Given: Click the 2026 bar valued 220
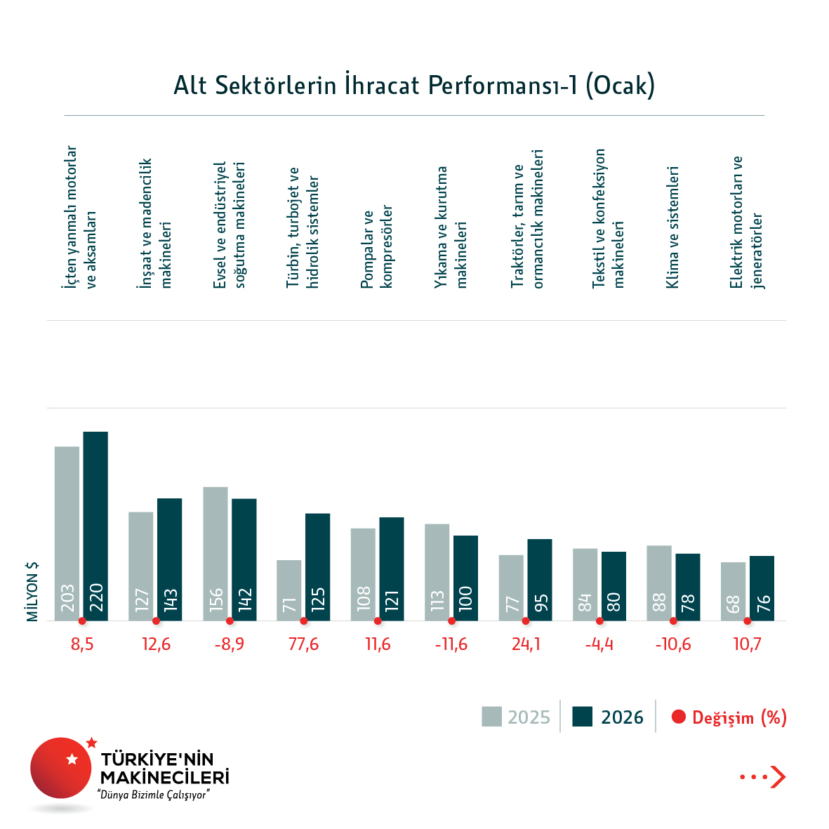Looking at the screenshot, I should coord(95,526).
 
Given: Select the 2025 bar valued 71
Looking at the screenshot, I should coord(289,590).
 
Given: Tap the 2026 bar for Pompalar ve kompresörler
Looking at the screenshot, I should coord(392,569).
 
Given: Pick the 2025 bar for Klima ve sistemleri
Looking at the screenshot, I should coord(659,583).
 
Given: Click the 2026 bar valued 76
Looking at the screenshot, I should coord(762,588).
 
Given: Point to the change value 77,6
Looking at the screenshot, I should coord(303,644).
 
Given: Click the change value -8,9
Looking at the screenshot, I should coord(230,644).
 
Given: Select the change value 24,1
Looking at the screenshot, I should coord(526,644).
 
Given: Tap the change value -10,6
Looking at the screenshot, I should coord(673,644).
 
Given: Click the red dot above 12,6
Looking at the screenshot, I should coord(156,621).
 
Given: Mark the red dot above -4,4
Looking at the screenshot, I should coord(599,621).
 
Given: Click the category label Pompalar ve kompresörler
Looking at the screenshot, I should coord(377,247).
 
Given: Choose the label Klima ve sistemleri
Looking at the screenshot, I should coord(672,227).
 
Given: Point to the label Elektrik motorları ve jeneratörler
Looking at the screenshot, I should coord(746,222).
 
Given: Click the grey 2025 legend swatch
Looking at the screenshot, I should coord(491,717).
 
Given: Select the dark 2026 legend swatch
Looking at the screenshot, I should coord(583,717).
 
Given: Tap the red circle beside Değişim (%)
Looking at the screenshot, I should coord(678,717).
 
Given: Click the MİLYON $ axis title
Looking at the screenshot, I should coord(32,591).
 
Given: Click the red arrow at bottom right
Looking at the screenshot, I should coord(777,777).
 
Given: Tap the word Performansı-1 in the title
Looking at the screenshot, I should coord(503,85).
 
